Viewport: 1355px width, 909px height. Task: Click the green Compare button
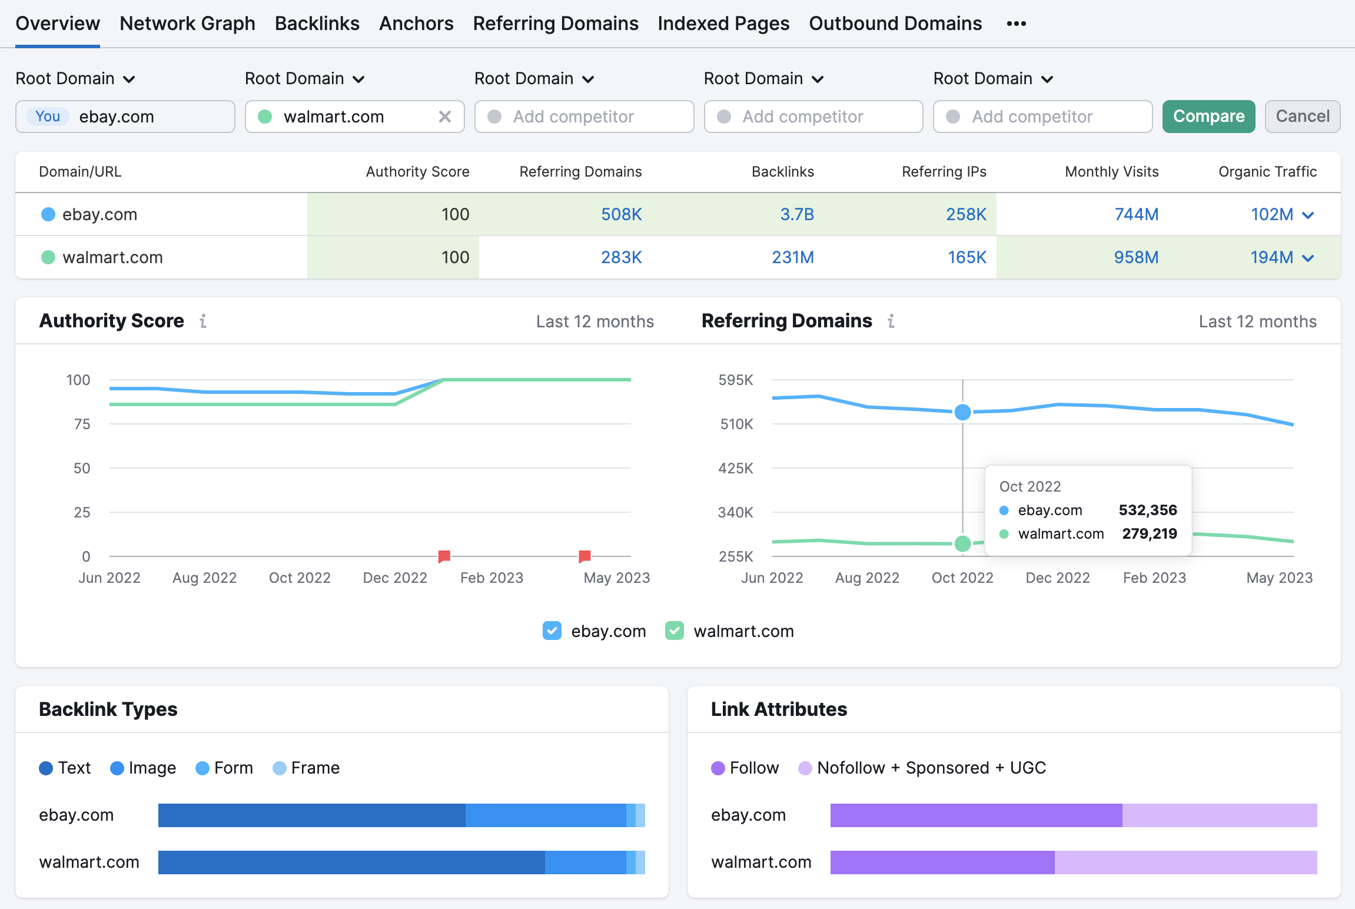coord(1208,117)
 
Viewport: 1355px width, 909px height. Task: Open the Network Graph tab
coord(187,24)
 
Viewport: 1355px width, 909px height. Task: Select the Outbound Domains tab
coord(895,24)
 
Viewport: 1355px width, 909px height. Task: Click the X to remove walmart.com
coord(445,117)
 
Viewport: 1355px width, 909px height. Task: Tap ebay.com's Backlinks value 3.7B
coord(796,214)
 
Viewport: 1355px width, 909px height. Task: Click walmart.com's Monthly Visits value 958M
coord(1135,257)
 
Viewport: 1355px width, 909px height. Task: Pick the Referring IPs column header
coord(944,172)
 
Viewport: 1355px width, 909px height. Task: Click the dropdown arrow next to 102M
coord(1308,215)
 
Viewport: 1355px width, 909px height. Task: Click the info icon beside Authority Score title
coord(203,321)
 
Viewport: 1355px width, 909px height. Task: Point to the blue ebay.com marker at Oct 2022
coord(962,412)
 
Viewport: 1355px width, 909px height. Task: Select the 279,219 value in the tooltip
coord(1149,533)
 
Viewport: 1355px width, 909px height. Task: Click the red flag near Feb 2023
coord(444,556)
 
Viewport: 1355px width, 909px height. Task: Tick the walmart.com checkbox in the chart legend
coord(674,631)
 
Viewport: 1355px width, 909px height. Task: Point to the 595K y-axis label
coord(735,380)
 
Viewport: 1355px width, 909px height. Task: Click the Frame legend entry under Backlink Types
coord(306,768)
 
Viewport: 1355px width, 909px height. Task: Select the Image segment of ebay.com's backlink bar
coord(545,815)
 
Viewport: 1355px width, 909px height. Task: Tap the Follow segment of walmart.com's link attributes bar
coord(942,862)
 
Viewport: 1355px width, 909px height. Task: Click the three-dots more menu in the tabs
coord(1016,24)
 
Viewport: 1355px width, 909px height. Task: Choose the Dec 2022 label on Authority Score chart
coord(394,578)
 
